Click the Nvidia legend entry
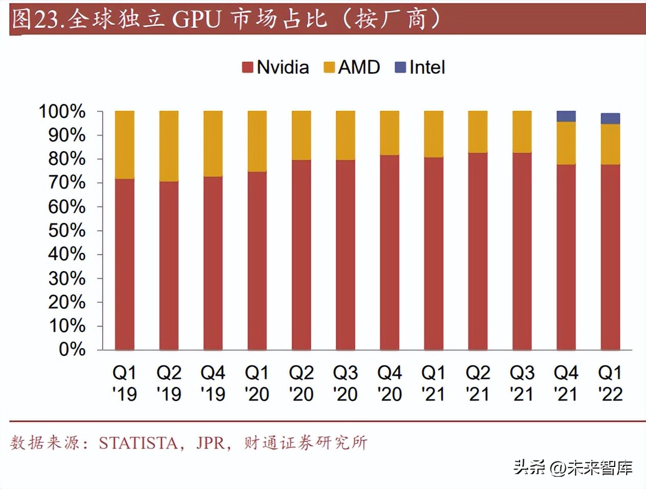tap(276, 67)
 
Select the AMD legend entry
tap(352, 67)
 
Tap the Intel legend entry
tap(420, 67)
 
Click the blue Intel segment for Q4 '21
tap(566, 116)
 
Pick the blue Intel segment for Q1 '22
tap(610, 119)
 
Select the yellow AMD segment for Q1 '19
tap(124, 145)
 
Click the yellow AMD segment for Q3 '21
tap(522, 132)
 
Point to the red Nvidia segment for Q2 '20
tap(301, 255)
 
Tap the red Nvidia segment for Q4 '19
tap(213, 263)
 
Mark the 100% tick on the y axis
tap(62, 111)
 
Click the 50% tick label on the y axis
tap(67, 231)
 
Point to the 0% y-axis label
tap(72, 350)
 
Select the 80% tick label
tap(67, 159)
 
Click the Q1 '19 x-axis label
tap(124, 383)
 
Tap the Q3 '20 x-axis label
tap(346, 383)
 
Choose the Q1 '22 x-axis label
tap(610, 383)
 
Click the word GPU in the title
tap(196, 19)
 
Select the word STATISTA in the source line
tap(138, 443)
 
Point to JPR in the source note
tap(210, 443)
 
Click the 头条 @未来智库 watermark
tap(573, 467)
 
